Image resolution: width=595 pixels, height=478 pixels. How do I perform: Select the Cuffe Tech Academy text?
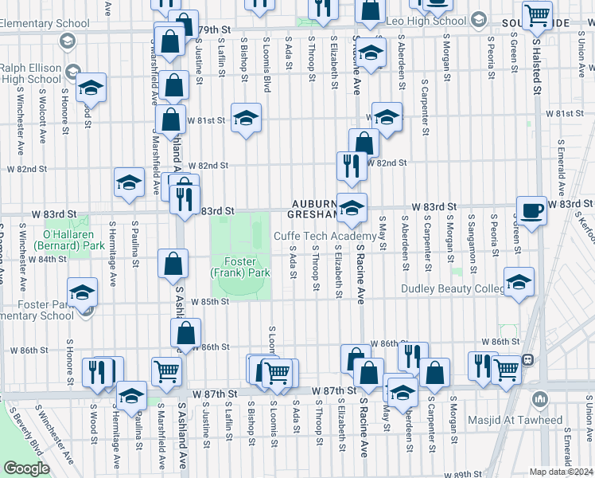[325, 237]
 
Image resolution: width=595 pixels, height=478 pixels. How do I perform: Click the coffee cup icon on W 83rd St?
[532, 210]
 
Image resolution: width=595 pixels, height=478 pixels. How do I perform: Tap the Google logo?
[26, 468]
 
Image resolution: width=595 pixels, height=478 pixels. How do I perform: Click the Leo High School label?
[425, 21]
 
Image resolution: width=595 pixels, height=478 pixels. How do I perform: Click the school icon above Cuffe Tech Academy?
[352, 208]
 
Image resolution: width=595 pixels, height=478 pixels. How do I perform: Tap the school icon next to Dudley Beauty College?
[519, 282]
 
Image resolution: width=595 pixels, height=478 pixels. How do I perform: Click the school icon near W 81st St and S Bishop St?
[247, 119]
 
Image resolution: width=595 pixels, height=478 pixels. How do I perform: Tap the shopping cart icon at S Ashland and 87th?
[167, 370]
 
